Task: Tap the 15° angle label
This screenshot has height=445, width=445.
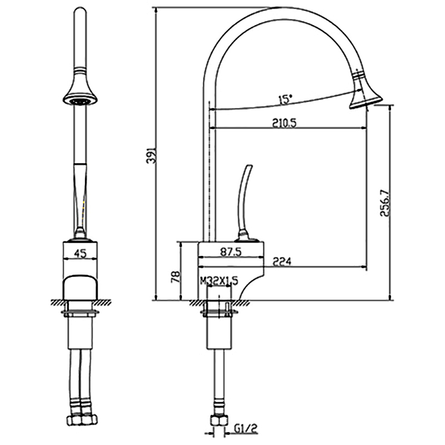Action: [285, 100]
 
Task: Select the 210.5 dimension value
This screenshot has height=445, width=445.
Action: [284, 123]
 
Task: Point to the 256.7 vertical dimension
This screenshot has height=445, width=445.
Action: [385, 203]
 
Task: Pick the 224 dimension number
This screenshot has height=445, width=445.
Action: [281, 261]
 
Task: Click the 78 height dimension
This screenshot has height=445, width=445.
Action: [176, 276]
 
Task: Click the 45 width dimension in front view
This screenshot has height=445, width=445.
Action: [80, 254]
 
